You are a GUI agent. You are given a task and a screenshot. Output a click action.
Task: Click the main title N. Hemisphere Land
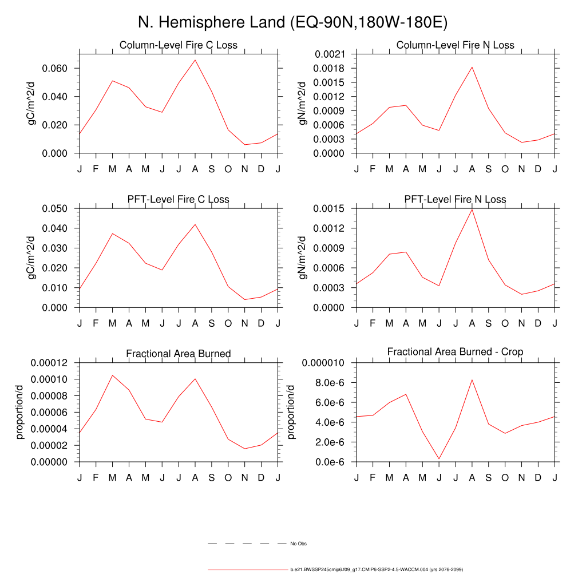(292, 23)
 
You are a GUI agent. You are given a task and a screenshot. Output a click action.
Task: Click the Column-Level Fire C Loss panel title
(178, 45)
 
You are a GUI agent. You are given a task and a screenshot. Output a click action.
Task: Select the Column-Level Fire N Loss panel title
(455, 45)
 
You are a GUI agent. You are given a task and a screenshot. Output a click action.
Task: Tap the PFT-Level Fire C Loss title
(178, 200)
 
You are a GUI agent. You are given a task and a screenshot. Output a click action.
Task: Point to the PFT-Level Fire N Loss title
(455, 200)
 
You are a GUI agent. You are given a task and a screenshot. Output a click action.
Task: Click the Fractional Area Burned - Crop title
(455, 351)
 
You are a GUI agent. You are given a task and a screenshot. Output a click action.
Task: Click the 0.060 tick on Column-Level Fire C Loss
(56, 68)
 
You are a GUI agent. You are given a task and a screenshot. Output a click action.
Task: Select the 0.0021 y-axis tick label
(330, 54)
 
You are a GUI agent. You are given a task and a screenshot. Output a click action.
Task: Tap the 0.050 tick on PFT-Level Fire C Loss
(56, 208)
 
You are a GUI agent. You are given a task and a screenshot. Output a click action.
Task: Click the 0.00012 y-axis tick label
(50, 363)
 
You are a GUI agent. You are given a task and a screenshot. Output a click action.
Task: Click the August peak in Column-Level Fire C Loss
(195, 60)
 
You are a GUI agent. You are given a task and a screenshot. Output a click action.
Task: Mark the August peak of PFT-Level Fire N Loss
(472, 209)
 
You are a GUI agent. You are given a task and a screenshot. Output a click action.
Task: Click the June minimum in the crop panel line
(439, 459)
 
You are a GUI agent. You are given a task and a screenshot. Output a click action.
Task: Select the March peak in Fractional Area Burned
(112, 375)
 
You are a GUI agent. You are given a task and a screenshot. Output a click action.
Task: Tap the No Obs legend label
(298, 544)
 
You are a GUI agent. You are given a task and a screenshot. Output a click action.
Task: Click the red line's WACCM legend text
(377, 570)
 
